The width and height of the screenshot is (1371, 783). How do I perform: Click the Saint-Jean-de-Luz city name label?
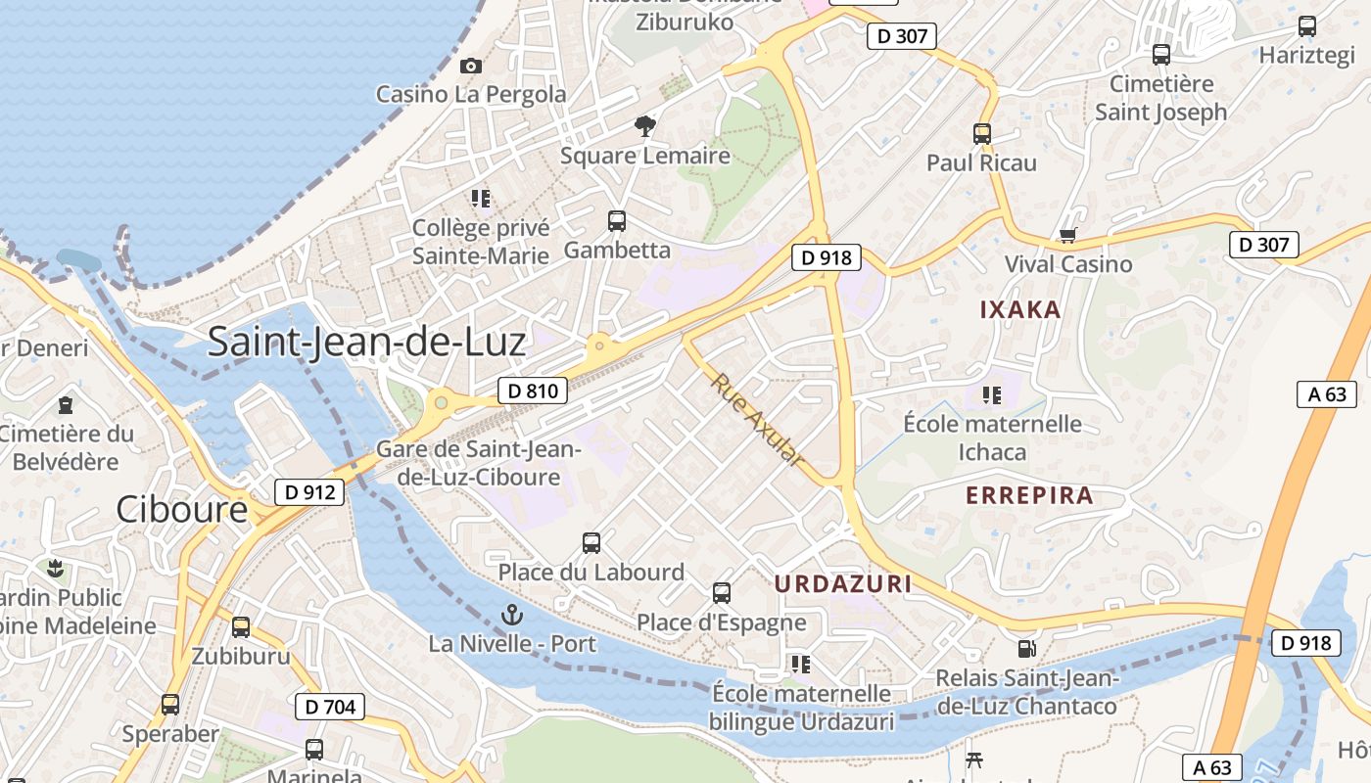[366, 342]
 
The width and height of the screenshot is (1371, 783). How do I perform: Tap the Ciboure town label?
[182, 509]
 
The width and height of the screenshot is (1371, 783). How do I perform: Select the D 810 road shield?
[533, 391]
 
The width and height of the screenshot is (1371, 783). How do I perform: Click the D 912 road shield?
[311, 492]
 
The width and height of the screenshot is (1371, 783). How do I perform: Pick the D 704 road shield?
[330, 706]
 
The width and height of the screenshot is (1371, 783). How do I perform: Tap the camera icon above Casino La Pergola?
[471, 66]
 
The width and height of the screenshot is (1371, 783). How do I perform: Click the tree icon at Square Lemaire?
[644, 125]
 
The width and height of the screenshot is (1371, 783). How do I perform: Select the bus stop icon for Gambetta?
[617, 221]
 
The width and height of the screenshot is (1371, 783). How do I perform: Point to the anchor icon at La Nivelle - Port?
[511, 615]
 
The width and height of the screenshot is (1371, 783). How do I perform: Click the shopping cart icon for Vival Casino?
[1067, 235]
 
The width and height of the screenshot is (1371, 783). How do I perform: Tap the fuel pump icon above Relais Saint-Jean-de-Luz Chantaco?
[1026, 648]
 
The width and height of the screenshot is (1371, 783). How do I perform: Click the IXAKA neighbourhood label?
[1020, 310]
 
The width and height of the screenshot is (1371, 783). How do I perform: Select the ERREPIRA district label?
[1029, 495]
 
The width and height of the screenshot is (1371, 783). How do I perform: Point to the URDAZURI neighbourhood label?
[843, 584]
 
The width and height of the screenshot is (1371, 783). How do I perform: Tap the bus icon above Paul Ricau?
[982, 133]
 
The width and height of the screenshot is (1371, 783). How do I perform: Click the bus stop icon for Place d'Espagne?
[722, 593]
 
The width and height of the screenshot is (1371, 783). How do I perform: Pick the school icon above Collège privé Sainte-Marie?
[481, 199]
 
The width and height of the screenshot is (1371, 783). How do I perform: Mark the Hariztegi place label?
[1306, 56]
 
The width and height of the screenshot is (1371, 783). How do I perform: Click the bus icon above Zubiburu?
[241, 627]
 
